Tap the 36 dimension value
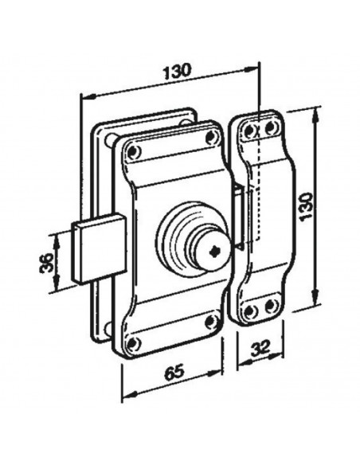45,262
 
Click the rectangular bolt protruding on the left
96,249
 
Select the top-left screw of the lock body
132,148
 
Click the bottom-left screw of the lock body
133,342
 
